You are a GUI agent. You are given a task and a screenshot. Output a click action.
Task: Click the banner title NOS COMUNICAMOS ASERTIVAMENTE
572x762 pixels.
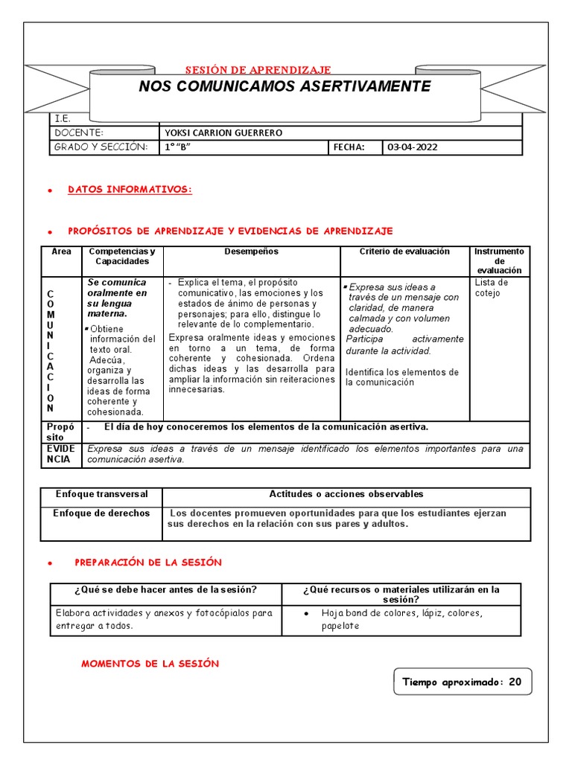pos(285,86)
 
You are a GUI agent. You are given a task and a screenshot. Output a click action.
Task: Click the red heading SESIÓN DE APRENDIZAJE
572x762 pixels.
pos(258,69)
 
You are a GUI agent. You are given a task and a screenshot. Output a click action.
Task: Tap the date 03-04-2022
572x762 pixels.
pos(412,147)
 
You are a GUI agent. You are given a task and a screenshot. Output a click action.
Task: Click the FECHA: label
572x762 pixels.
pos(349,147)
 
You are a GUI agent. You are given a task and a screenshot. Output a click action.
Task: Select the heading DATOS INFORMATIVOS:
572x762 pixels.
pos(130,190)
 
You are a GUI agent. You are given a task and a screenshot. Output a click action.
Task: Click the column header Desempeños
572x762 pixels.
pos(251,252)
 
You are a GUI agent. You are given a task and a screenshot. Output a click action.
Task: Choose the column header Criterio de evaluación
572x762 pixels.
pos(404,252)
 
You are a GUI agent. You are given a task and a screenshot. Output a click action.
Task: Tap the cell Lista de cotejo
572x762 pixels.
pos(492,288)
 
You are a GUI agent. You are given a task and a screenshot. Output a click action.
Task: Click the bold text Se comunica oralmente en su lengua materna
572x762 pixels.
pos(117,298)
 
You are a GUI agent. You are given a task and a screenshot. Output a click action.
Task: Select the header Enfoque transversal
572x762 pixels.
pos(101,494)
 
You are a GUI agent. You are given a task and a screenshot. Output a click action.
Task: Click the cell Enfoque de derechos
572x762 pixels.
pos(101,513)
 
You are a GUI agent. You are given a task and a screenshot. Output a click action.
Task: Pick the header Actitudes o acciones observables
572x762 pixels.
pos(346,494)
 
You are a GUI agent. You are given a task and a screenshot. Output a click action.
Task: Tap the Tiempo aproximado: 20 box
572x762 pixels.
pos(462,682)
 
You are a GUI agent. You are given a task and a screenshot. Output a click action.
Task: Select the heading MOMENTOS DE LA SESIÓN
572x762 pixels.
pos(150,664)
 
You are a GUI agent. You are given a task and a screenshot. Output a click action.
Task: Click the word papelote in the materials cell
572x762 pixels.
pos(340,626)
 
